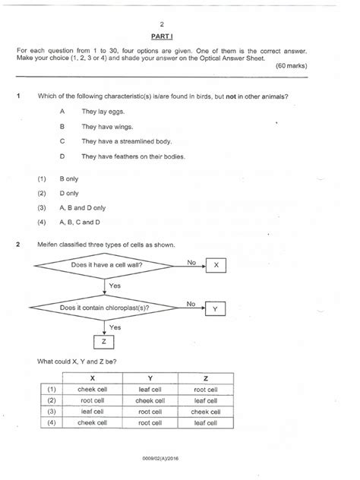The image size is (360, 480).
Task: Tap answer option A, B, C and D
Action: tap(79, 222)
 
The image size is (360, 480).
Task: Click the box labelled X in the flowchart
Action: tap(216, 265)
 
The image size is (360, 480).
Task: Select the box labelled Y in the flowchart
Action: tap(216, 308)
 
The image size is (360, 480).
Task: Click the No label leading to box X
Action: tap(191, 261)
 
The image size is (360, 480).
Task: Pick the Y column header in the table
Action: tap(150, 377)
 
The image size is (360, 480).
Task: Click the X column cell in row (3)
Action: tap(93, 412)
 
